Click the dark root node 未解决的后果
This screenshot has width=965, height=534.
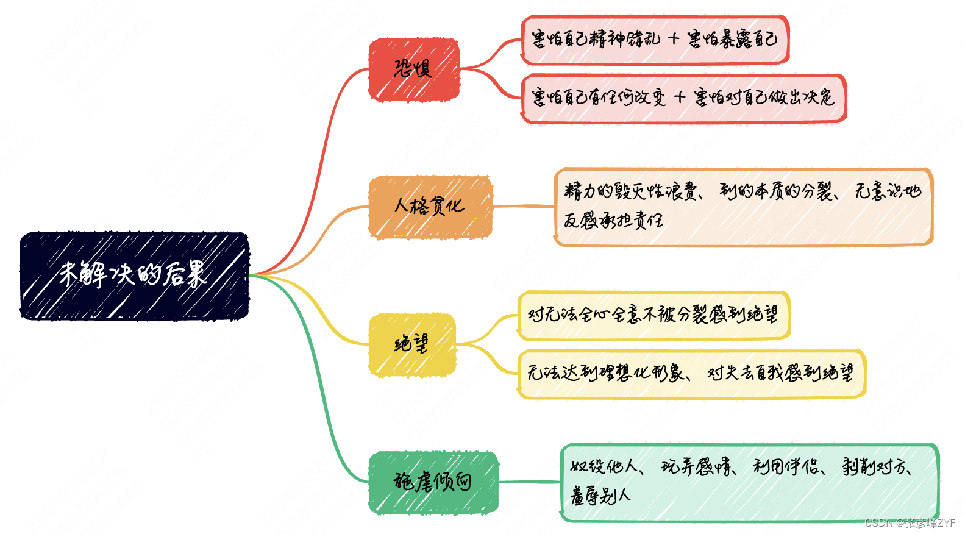point(134,276)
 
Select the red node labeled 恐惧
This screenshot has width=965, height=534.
point(413,69)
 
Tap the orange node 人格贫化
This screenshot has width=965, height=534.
point(430,207)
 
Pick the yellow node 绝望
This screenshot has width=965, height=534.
point(411,344)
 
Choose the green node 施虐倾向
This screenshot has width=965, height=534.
point(433,482)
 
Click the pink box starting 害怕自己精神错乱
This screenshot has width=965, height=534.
point(655,40)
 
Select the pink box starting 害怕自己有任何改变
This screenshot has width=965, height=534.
point(683,98)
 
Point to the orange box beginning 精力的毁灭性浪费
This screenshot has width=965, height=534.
point(743,207)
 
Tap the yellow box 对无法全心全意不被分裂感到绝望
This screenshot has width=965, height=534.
point(653,315)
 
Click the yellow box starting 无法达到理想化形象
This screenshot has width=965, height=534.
point(691,374)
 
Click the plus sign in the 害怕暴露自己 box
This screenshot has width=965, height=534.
point(674,39)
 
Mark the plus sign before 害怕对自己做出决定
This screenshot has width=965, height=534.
point(680,98)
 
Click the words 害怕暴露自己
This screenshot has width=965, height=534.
point(732,39)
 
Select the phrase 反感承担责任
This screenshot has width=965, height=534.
point(613,220)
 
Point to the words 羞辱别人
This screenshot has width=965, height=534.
point(600,496)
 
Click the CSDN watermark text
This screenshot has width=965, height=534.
point(910,523)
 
